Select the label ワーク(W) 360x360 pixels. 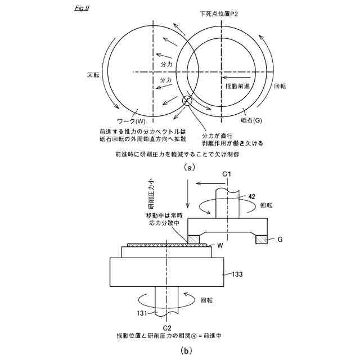[131, 120]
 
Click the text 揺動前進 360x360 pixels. [237, 86]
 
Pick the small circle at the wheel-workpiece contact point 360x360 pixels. [187, 101]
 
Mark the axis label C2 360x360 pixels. [167, 327]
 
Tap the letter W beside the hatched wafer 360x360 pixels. [220, 246]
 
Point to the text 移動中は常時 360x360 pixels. [161, 215]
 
